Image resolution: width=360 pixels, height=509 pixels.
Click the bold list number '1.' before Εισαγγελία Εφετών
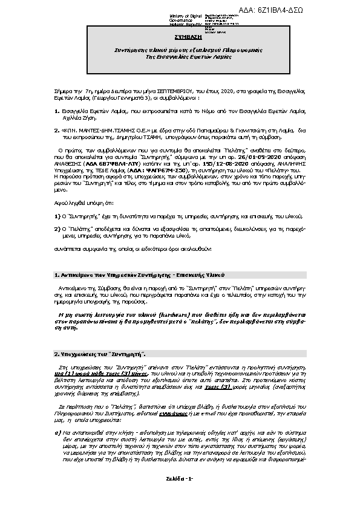click(56, 111)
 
